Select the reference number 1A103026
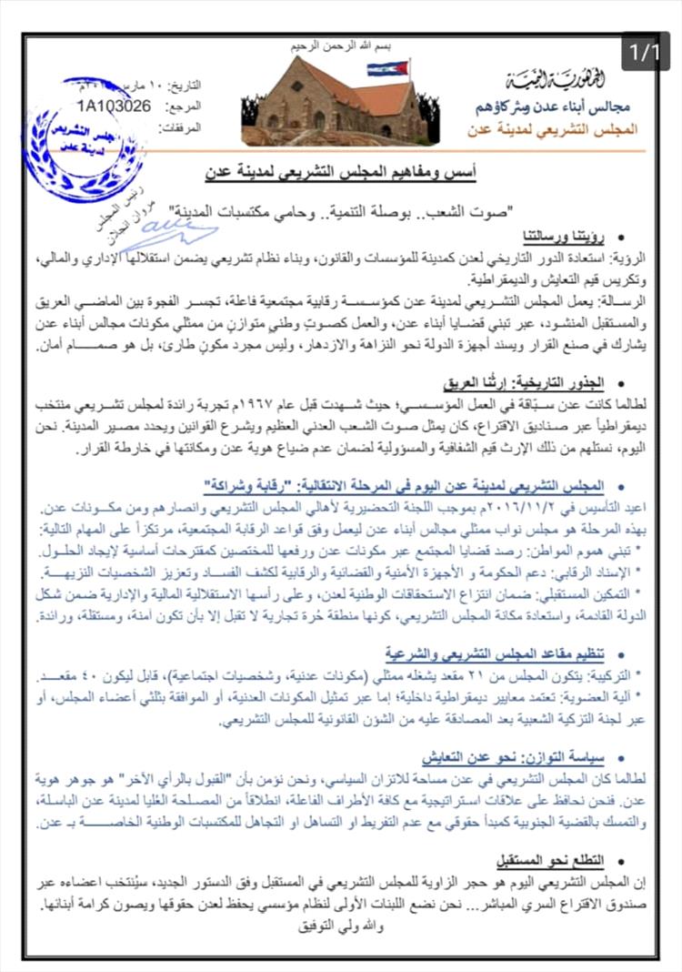115,105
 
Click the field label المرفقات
205,127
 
